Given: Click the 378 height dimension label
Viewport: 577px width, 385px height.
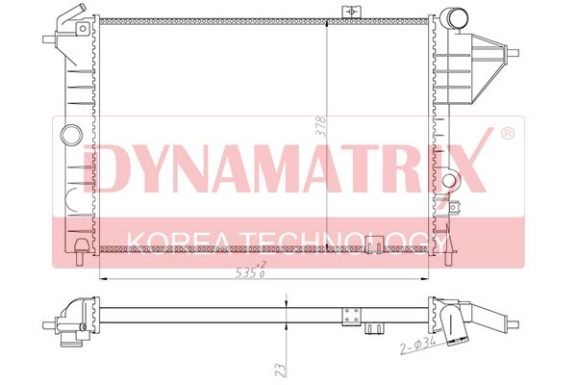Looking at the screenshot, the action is (322, 126).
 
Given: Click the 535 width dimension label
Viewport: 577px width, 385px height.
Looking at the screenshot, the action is (251, 271).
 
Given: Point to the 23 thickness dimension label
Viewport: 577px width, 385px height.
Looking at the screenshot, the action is (280, 370).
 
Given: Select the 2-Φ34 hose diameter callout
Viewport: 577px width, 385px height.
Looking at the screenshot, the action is (418, 346).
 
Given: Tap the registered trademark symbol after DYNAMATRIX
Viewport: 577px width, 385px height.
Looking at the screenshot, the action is (508, 134).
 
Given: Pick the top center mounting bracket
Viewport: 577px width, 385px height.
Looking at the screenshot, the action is (351, 13).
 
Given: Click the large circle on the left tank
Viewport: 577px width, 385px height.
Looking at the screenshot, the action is (71, 135).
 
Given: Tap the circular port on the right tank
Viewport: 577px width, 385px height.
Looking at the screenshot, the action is (449, 181).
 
